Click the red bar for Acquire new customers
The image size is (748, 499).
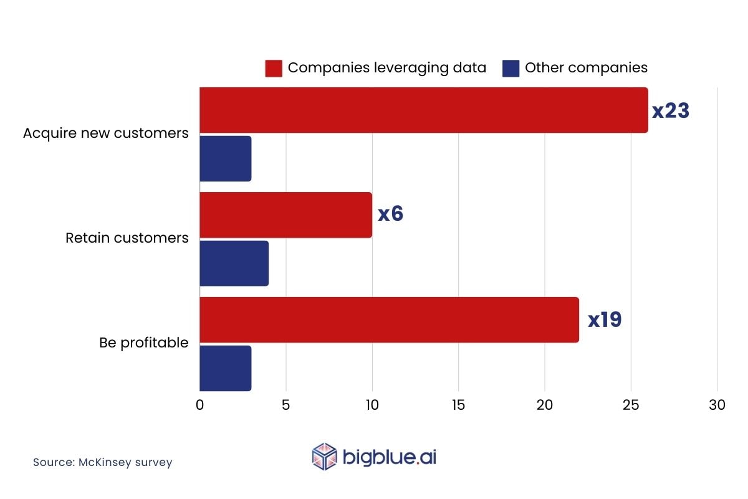[424, 110]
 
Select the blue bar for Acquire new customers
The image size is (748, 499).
[225, 158]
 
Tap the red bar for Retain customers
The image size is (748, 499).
[285, 215]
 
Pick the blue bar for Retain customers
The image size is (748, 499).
[234, 263]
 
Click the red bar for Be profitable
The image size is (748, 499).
[389, 320]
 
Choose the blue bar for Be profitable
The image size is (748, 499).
[225, 368]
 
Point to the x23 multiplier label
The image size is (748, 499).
[671, 111]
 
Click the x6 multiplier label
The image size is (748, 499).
[391, 214]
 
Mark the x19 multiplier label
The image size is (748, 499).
[605, 320]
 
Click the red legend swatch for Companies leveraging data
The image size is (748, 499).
[274, 68]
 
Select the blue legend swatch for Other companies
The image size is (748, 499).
[511, 68]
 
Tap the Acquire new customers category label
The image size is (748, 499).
[105, 133]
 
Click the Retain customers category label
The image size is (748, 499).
[127, 238]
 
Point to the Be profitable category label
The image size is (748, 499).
[143, 342]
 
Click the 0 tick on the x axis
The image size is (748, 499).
[199, 405]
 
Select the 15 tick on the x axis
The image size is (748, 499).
[458, 405]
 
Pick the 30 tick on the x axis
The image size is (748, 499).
[717, 405]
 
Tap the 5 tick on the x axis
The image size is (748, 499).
[286, 405]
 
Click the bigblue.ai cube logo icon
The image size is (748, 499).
[324, 456]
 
